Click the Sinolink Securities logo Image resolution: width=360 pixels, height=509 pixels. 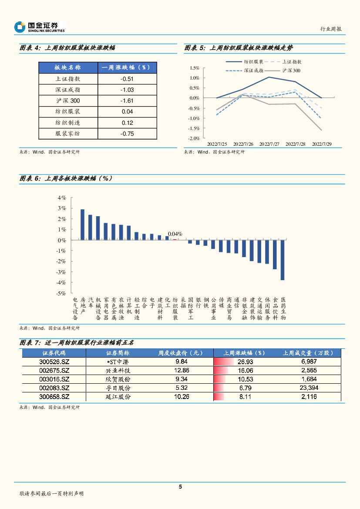tap(40, 27)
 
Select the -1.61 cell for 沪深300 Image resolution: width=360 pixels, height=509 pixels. tap(127, 101)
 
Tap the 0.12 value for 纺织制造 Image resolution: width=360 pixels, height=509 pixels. tap(127, 123)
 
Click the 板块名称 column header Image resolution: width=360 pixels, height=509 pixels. tap(67, 68)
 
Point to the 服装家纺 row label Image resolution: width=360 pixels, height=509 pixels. tap(67, 134)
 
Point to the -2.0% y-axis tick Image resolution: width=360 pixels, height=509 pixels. tap(194, 138)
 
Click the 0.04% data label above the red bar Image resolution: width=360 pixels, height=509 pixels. tap(175, 234)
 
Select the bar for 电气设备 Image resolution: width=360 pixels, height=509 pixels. tap(82, 224)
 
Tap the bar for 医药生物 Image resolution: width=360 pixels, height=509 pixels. tap(283, 260)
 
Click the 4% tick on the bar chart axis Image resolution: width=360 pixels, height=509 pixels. tap(62, 198)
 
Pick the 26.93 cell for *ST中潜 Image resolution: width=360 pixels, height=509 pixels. tap(246, 362)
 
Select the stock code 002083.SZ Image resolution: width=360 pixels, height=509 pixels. tap(54, 388)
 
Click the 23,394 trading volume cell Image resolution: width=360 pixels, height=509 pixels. tap(309, 388)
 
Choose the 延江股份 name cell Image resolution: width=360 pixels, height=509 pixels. tap(118, 397)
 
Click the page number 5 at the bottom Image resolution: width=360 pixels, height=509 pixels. tap(180, 487)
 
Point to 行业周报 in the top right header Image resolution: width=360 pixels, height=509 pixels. tap(331, 29)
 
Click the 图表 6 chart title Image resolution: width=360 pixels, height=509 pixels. tap(65, 179)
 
